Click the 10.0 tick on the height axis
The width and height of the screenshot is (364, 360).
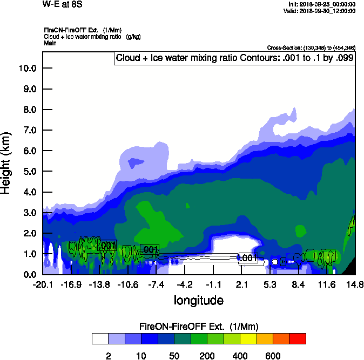tap(27, 69)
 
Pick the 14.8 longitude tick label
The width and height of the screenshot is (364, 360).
tap(355, 284)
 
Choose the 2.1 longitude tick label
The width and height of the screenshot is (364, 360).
tap(241, 284)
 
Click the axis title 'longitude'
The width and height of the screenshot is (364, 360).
tap(198, 300)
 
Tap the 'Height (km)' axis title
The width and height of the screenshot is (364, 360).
tap(7, 163)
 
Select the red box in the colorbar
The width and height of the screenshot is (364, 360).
tap(298, 339)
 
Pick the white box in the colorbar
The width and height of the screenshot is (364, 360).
tap(99, 339)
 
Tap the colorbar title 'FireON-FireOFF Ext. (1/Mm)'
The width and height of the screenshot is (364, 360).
tap(199, 327)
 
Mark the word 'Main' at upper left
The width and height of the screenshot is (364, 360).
tap(51, 43)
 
